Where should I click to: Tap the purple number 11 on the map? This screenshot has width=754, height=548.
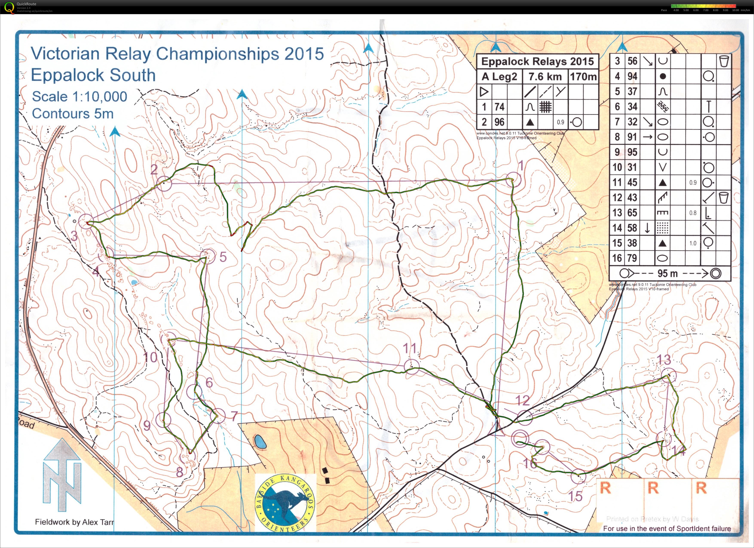410,348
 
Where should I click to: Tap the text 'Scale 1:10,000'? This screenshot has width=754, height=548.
80,97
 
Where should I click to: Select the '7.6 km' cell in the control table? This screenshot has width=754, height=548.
545,77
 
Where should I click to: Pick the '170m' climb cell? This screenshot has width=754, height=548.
583,77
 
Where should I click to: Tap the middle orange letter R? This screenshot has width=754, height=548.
653,488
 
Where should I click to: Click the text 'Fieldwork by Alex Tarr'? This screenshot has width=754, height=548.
75,522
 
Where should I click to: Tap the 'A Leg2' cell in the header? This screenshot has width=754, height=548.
499,77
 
